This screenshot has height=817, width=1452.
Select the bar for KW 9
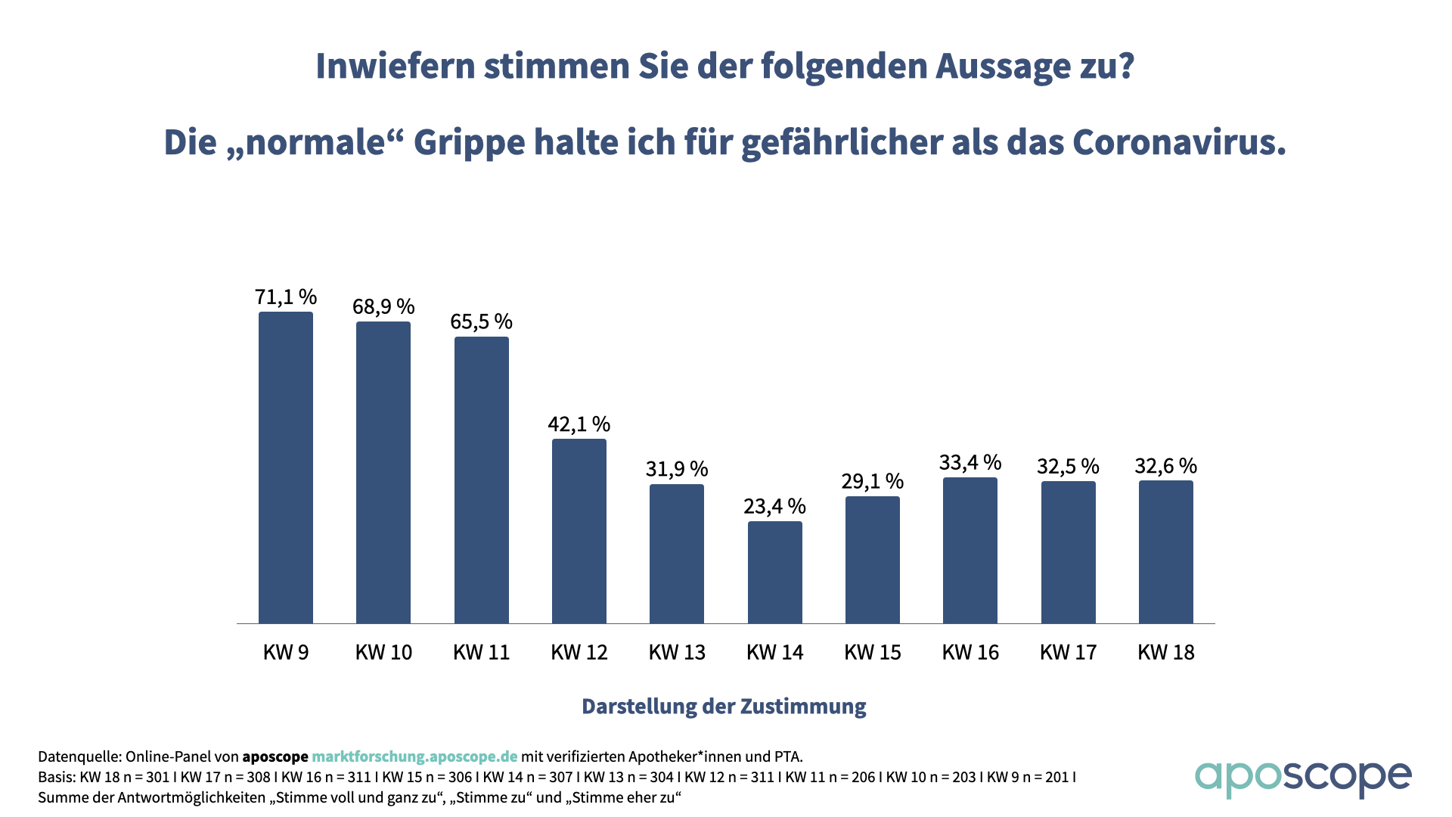coord(286,468)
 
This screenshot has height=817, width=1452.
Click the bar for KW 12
coord(579,531)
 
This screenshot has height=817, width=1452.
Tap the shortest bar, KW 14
coord(775,573)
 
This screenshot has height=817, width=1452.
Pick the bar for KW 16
coord(970,551)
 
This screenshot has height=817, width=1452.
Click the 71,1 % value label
coord(286,297)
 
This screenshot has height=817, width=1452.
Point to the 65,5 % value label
coord(482,322)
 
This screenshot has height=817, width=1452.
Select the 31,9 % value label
coord(677,469)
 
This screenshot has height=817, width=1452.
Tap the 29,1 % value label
coord(873,481)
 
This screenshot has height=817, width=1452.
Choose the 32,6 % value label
coord(1166,466)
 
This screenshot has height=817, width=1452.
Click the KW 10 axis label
coord(383,652)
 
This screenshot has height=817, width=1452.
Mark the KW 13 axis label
coord(677,652)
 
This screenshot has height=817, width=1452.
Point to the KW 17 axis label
coord(1068,652)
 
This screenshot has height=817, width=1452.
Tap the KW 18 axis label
coord(1166,652)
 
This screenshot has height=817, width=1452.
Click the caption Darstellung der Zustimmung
coord(724,707)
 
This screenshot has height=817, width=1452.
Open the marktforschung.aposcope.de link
coord(414,756)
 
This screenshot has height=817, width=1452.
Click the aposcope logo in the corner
coord(1303,777)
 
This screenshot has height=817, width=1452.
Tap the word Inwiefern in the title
coord(395,66)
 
